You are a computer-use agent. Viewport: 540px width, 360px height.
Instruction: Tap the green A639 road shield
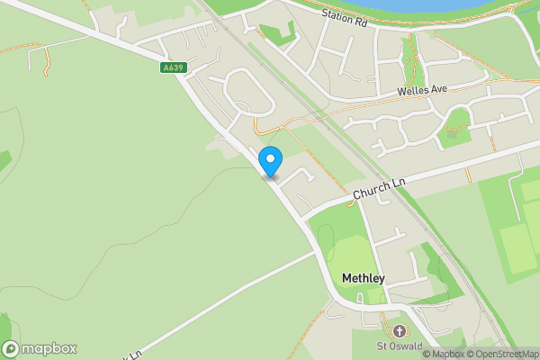(175, 67)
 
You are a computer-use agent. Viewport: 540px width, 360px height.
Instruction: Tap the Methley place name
(363, 278)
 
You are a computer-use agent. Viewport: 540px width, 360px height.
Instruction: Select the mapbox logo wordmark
(49, 348)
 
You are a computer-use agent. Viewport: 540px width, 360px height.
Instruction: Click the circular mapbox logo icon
(12, 348)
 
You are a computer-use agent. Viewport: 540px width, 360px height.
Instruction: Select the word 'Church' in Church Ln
(368, 192)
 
